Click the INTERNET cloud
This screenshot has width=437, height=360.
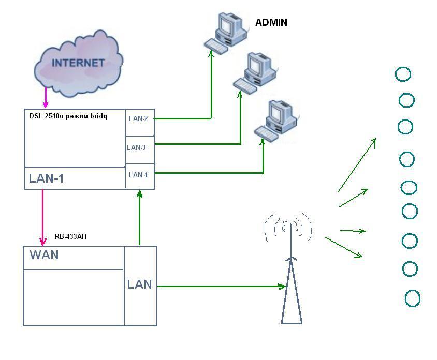tap(78, 64)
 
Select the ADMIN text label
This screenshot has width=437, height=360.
tap(271, 23)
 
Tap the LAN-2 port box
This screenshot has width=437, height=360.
tap(139, 119)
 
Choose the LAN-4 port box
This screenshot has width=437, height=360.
tap(139, 175)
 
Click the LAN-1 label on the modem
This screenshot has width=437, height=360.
tap(46, 179)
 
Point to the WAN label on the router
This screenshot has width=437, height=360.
tap(44, 255)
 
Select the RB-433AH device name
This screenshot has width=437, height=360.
tap(70, 236)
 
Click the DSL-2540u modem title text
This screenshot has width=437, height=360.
tap(68, 116)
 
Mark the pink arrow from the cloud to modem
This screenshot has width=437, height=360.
tap(46, 97)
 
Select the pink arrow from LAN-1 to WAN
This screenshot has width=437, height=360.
tap(43, 217)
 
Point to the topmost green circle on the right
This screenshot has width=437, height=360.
tap(403, 74)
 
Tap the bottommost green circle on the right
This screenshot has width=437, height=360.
tap(412, 298)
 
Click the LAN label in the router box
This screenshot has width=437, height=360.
tap(140, 284)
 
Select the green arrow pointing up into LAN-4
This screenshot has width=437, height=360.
tap(139, 217)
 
